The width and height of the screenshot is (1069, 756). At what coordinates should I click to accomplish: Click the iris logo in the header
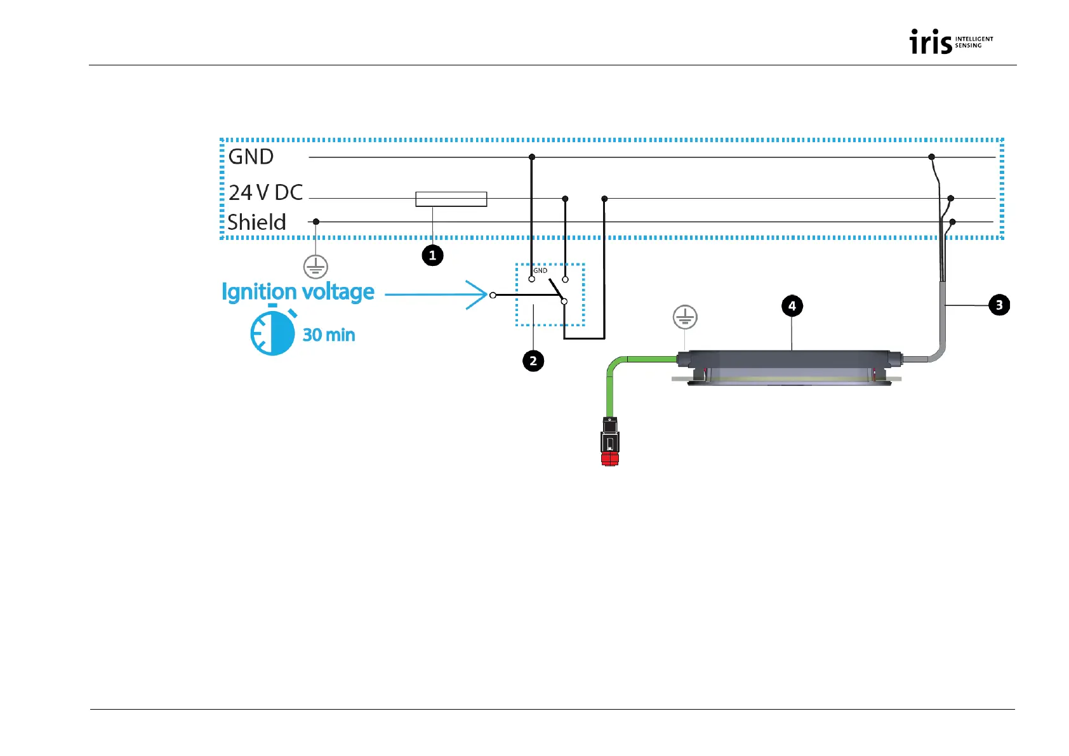[x=950, y=42]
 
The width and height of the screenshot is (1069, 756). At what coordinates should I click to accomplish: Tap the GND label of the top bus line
[x=251, y=157]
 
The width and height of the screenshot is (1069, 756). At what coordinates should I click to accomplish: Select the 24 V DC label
[x=265, y=192]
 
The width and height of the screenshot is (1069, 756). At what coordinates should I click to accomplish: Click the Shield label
[x=256, y=222]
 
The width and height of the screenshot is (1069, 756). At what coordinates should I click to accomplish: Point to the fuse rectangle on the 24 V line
[x=451, y=199]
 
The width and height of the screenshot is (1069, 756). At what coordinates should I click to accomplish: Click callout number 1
[x=432, y=256]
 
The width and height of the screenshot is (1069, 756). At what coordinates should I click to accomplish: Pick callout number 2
[x=533, y=361]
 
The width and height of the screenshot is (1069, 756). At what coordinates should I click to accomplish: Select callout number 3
[x=999, y=305]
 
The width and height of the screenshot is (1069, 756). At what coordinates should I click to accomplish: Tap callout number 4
[x=792, y=306]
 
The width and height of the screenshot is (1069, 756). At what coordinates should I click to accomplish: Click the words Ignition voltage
[x=298, y=292]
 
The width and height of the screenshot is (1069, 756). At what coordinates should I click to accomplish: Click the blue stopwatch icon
[x=273, y=332]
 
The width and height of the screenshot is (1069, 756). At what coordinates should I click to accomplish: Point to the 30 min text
[x=328, y=335]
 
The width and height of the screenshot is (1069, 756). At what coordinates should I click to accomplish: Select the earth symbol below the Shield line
[x=315, y=267]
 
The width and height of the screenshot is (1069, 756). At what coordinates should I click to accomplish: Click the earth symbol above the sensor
[x=685, y=317]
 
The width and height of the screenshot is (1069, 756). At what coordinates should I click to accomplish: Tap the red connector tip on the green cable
[x=609, y=459]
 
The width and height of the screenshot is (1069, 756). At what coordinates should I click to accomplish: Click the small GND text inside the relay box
[x=540, y=270]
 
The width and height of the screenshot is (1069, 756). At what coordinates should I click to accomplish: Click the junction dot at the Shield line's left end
[x=316, y=222]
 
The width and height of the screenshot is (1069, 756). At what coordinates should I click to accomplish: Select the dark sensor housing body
[x=790, y=362]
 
